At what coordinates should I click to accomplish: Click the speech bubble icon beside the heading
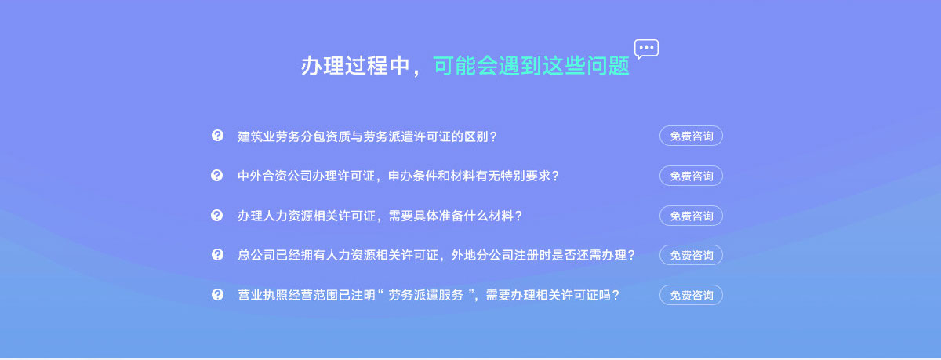pos(646,49)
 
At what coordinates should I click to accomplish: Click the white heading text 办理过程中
pos(355,66)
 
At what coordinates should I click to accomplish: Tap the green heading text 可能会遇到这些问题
pos(531,66)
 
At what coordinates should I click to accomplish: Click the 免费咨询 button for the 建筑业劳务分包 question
pos(691,136)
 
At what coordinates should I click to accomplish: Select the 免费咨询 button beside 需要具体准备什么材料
pos(691,216)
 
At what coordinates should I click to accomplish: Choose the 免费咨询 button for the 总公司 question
pos(691,256)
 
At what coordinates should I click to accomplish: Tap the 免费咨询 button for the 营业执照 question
pos(691,296)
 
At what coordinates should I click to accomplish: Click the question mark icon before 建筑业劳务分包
pos(217,135)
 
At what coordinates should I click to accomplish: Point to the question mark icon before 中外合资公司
pos(216,175)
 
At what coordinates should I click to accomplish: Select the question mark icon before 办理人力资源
pos(216,215)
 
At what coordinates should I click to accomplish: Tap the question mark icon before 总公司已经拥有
pos(217,255)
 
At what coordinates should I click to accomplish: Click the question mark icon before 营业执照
pos(217,294)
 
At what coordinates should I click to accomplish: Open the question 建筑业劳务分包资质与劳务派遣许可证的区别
pos(368,136)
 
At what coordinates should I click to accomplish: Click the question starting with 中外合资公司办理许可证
pos(398,176)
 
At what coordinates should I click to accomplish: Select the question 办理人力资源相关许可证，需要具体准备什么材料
pos(380,216)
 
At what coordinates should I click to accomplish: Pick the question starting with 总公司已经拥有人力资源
pos(437,256)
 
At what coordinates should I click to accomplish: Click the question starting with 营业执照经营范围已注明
pos(428,296)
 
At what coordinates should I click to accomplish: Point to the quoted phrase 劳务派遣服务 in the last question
pos(426,296)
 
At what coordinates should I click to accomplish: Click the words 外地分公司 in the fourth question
pos(482,256)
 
